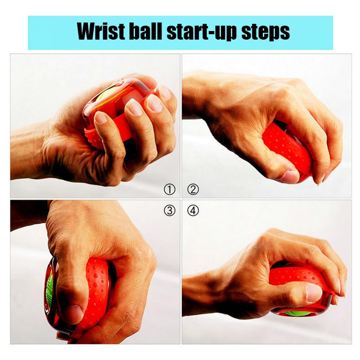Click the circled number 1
(x=169, y=189)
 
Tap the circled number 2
(x=193, y=189)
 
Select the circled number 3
(x=169, y=210)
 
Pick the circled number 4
(x=193, y=210)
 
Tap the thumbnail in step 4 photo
(x=314, y=293)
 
